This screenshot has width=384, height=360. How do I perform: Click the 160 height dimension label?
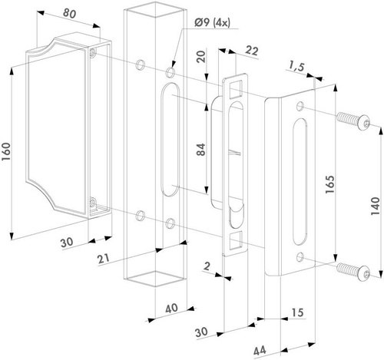(x=6, y=152)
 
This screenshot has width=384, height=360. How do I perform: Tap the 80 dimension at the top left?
(x=69, y=14)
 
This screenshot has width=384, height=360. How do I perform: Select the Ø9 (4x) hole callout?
(x=212, y=23)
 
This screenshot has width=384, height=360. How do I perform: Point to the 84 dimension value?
(x=201, y=150)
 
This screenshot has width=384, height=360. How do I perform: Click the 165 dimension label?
(x=329, y=184)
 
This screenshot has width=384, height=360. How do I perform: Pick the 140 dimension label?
(x=376, y=206)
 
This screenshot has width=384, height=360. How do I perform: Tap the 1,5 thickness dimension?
(x=296, y=67)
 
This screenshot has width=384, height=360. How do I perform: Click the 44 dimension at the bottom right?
(x=260, y=350)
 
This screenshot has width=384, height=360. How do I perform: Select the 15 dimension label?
(x=297, y=312)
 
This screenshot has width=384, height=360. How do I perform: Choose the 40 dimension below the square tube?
(x=171, y=308)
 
